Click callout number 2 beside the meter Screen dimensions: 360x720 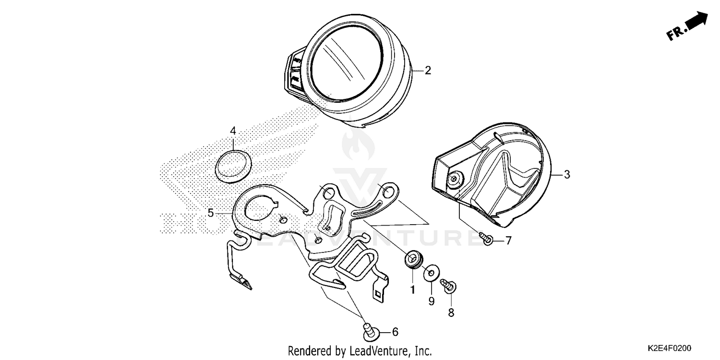click(428, 71)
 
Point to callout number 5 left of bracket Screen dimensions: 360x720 click(211, 213)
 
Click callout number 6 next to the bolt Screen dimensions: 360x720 click(395, 332)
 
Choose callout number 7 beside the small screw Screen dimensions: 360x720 click(508, 240)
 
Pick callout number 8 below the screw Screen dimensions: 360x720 click(451, 313)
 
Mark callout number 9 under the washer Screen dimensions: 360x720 click(431, 301)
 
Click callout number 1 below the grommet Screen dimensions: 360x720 click(412, 290)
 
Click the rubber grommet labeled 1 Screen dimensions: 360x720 click(412, 260)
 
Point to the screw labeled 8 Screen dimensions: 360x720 click(450, 285)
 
